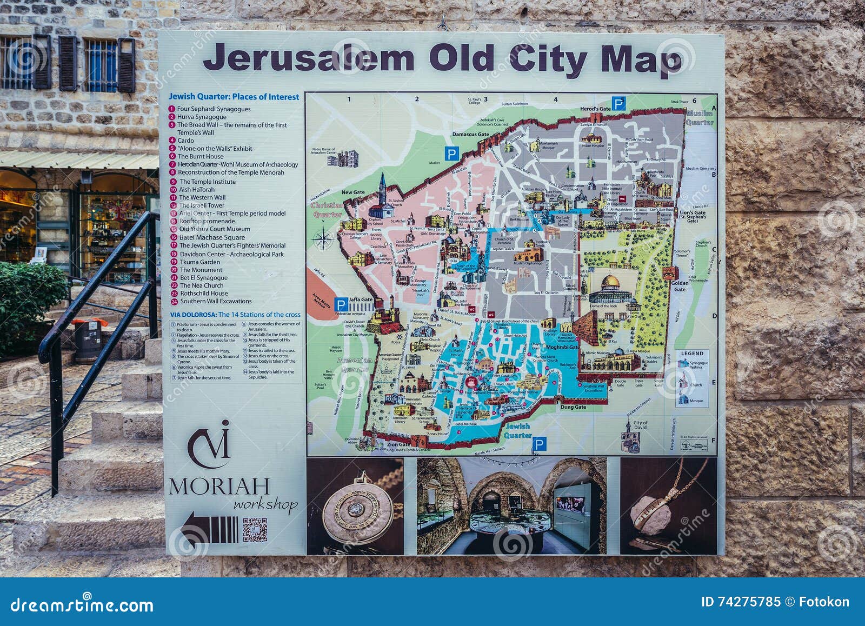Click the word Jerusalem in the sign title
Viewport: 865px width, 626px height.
click(x=308, y=58)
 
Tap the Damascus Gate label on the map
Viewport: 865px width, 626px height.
click(x=470, y=135)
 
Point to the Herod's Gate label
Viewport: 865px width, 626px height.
click(x=595, y=109)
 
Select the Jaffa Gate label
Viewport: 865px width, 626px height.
click(x=361, y=299)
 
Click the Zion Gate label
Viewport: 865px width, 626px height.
click(x=399, y=445)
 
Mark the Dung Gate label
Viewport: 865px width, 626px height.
click(x=573, y=407)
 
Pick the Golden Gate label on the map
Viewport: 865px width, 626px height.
click(x=680, y=286)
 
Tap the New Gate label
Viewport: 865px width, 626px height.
click(x=353, y=192)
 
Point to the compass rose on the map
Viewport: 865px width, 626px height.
click(x=324, y=239)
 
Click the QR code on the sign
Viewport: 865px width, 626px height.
click(x=255, y=530)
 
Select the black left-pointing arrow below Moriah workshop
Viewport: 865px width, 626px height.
click(x=209, y=529)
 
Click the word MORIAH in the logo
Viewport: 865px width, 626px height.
click(x=219, y=486)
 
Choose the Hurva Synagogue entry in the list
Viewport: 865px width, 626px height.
click(x=202, y=117)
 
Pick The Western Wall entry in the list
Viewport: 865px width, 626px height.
click(x=202, y=197)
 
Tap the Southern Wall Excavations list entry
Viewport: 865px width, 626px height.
click(x=215, y=301)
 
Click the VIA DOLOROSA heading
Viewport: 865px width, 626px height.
click(x=193, y=315)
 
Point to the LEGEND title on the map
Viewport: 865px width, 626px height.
click(x=692, y=354)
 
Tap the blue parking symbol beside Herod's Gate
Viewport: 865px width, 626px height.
click(x=618, y=103)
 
